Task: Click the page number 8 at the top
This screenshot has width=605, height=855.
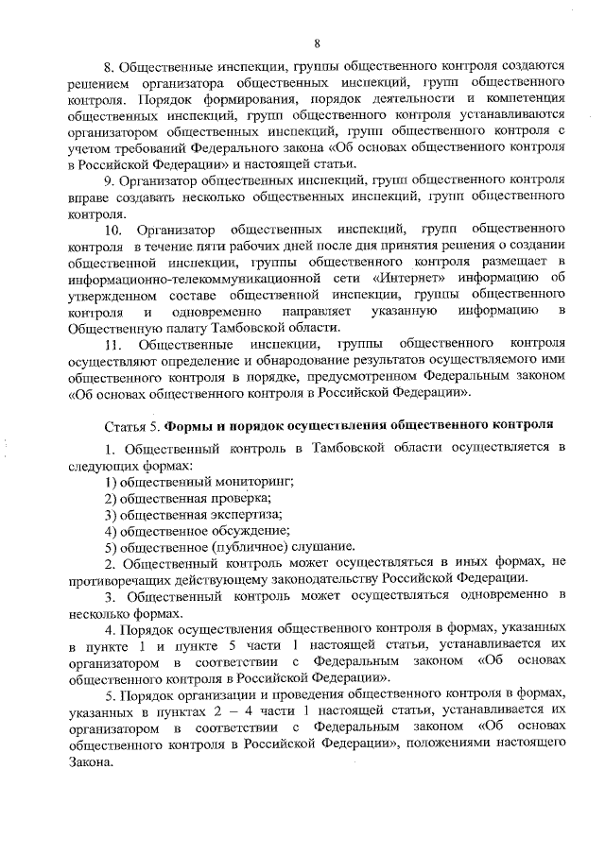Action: coord(318,41)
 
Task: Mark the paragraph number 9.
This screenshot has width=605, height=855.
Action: coord(109,179)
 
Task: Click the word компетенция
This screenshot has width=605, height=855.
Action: coord(522,97)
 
